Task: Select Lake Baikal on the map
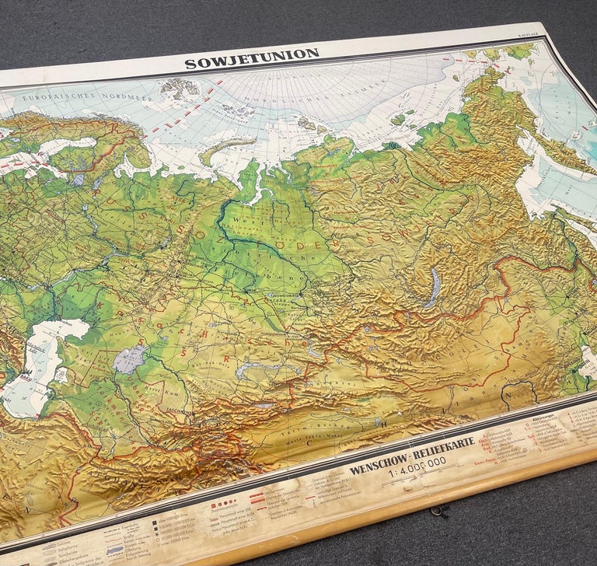coord(433,287)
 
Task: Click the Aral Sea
coord(130,359)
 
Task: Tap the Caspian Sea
coord(39,365)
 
